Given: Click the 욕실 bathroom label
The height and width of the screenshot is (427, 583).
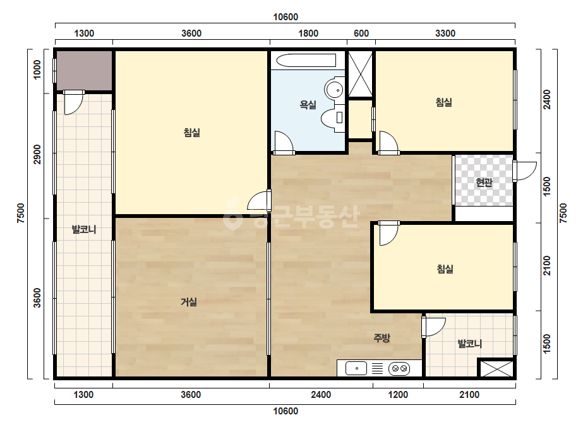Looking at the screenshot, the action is (x=308, y=105).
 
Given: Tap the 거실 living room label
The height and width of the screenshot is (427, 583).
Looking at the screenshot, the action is (x=188, y=302).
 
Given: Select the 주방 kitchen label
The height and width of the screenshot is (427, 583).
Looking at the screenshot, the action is (x=382, y=338).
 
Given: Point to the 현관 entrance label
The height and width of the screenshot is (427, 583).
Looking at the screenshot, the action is (x=484, y=183).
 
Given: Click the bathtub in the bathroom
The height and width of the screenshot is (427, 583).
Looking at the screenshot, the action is (x=306, y=60).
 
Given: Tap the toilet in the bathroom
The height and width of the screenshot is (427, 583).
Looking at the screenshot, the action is (x=333, y=117).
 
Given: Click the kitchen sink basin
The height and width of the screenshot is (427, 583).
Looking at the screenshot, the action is (x=356, y=368).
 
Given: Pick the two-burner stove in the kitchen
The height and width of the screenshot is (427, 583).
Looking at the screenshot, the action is (x=399, y=369).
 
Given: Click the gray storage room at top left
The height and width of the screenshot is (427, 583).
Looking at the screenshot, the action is (x=85, y=70).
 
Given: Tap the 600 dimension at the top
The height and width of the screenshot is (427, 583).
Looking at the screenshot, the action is (x=361, y=33).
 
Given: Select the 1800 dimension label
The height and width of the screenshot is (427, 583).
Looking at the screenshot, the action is (x=308, y=33).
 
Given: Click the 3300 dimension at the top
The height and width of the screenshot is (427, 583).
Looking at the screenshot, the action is (x=445, y=33).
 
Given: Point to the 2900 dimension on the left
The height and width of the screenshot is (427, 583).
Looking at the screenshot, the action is (x=37, y=154).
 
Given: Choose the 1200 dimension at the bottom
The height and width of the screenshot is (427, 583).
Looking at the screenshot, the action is (x=398, y=395).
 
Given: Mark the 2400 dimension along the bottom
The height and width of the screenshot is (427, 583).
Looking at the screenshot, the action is (x=321, y=395).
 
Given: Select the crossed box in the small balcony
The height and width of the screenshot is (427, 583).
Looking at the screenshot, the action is (x=496, y=368).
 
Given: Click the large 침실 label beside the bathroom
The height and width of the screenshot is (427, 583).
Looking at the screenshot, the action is (x=192, y=133).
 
